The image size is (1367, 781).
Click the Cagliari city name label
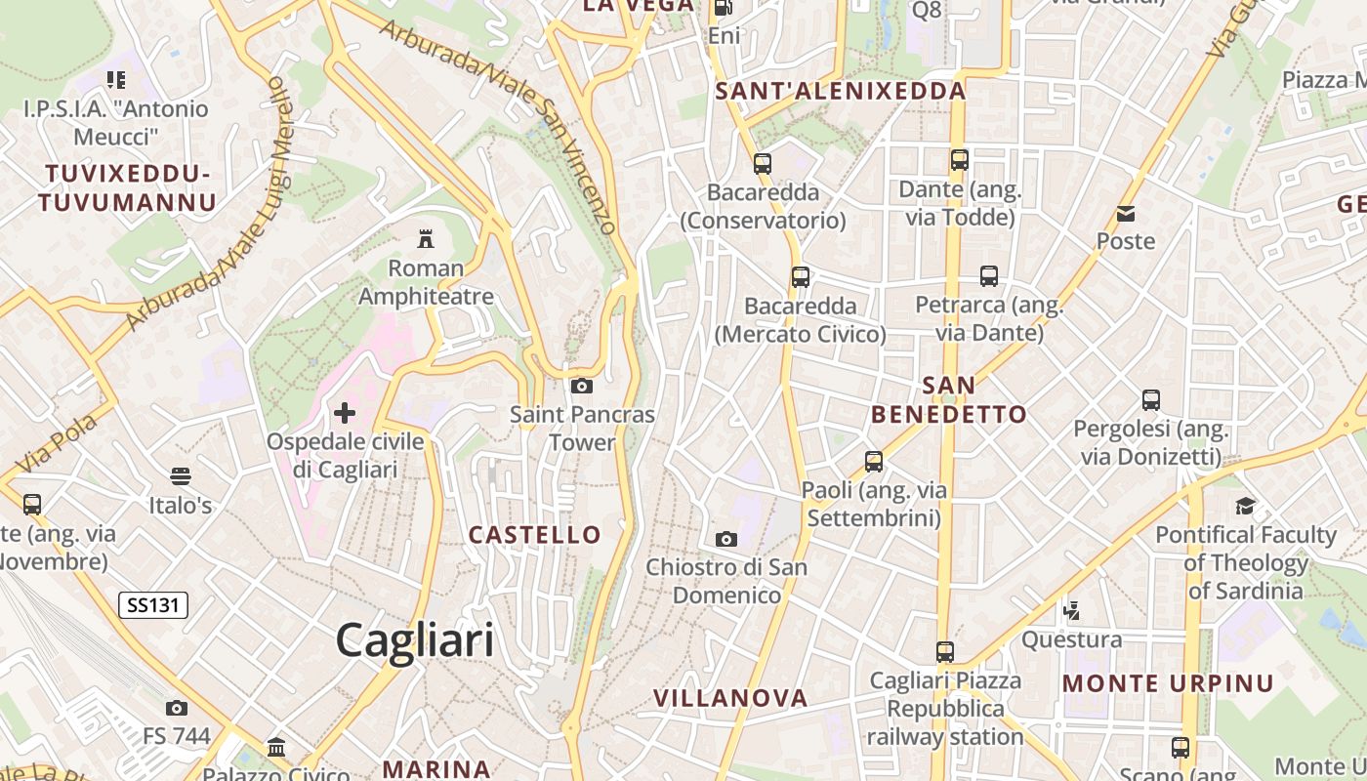pyautogui.click(x=414, y=641)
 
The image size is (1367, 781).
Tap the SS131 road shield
pyautogui.click(x=153, y=605)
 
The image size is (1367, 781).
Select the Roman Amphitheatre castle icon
pyautogui.click(x=426, y=238)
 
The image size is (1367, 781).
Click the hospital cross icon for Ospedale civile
pyautogui.click(x=345, y=413)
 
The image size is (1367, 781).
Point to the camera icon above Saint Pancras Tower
pyautogui.click(x=582, y=386)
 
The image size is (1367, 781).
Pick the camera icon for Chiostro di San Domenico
pyautogui.click(x=726, y=539)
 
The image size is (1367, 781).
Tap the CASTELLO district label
pyautogui.click(x=534, y=535)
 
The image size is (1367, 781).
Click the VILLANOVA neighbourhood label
pyautogui.click(x=730, y=698)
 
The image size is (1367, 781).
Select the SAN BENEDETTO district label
pyautogui.click(x=949, y=400)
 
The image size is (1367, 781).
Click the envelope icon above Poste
pyautogui.click(x=1126, y=213)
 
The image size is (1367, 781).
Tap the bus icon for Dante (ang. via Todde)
pyautogui.click(x=960, y=160)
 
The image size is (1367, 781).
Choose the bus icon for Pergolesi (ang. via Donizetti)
pyautogui.click(x=1151, y=399)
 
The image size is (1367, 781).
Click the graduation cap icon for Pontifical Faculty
pyautogui.click(x=1245, y=506)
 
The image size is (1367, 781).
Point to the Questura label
pyautogui.click(x=1071, y=640)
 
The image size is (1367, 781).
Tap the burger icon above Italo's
pyautogui.click(x=181, y=476)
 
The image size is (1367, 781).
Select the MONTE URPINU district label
pyautogui.click(x=1168, y=683)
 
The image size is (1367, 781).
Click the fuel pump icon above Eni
pyautogui.click(x=724, y=8)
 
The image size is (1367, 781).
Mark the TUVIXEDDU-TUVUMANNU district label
pyautogui.click(x=127, y=188)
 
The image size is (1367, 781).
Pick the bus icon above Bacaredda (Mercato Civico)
pyautogui.click(x=801, y=276)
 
